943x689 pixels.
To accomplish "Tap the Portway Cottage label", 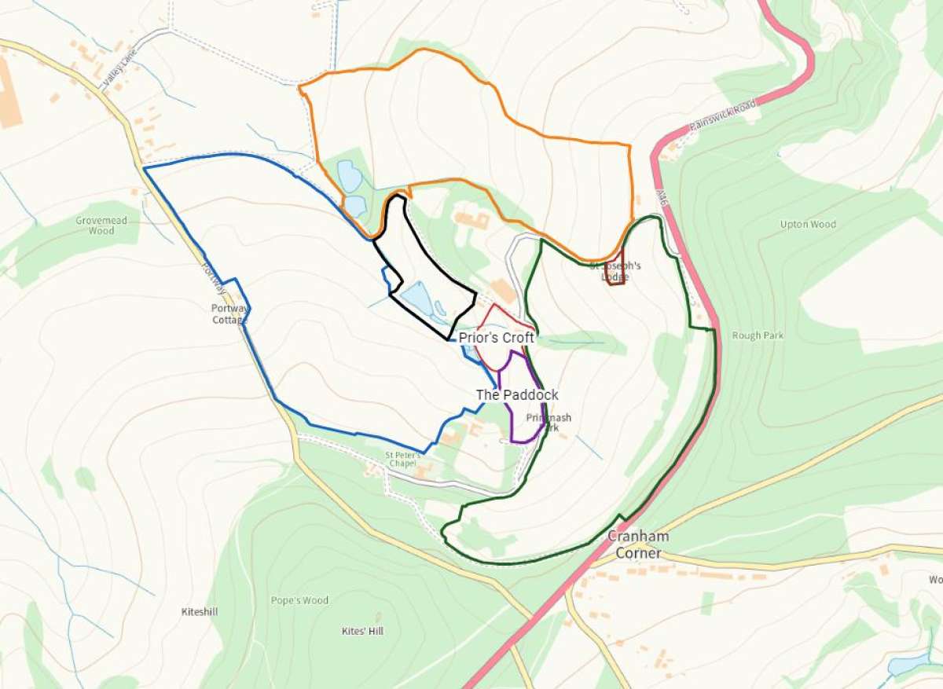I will coord(229,313).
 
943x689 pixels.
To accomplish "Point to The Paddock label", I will coord(517,394).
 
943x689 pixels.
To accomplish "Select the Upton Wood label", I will coord(808,225).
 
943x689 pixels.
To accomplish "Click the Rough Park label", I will coord(758,335).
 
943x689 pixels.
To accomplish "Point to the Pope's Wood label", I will coord(299,601).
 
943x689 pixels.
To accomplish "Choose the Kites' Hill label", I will coord(361,631).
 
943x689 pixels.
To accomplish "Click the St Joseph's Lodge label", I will coord(615,271).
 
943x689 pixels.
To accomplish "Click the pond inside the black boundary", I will coord(416,299).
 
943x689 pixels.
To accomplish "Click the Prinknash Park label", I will coord(542,423).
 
